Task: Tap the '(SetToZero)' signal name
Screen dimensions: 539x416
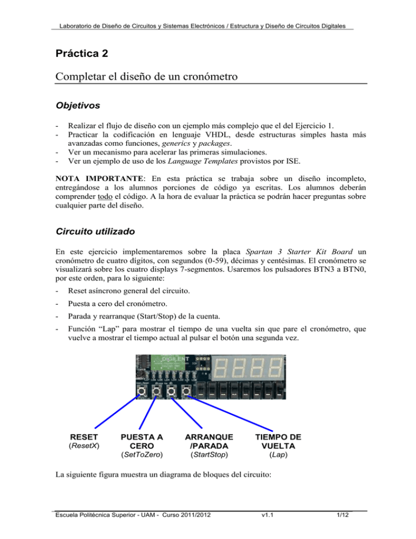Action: tap(142, 453)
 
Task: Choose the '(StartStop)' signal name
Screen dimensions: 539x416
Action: tap(209, 453)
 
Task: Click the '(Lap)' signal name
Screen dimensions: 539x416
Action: tap(278, 453)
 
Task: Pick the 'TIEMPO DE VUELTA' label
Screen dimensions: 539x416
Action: tap(278, 441)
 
